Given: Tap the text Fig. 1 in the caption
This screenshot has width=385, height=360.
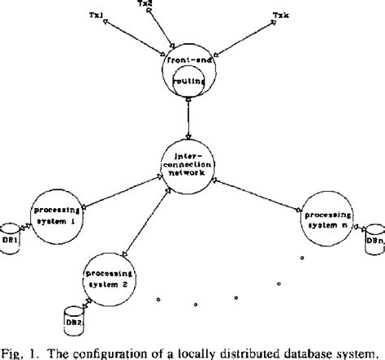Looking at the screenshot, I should coord(19,350).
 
